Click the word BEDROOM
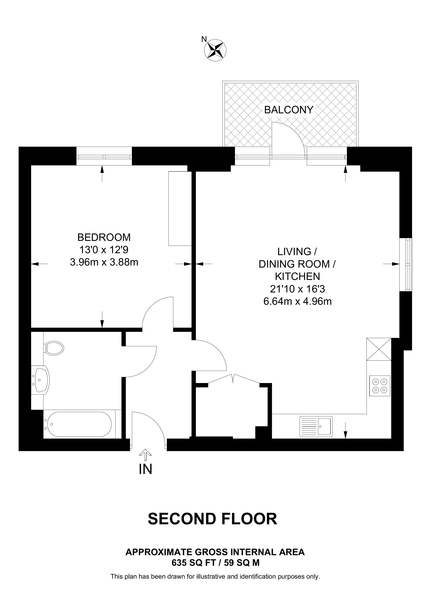[104, 237]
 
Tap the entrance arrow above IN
[145, 455]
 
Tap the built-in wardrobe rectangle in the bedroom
[180, 209]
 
